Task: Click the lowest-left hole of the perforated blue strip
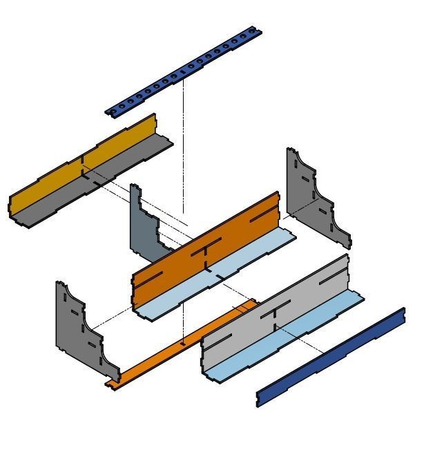(x=113, y=110)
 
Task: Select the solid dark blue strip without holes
(x=331, y=357)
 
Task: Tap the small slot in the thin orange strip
(x=182, y=343)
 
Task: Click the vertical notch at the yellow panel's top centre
(x=83, y=160)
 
